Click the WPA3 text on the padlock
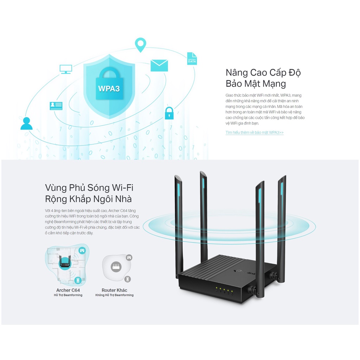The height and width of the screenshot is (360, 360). [x=109, y=89]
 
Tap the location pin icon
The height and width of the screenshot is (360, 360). [x=140, y=45]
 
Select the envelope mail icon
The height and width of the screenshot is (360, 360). [x=159, y=65]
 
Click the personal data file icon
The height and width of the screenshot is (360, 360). [x=192, y=59]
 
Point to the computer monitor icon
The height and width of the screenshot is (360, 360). [x=66, y=69]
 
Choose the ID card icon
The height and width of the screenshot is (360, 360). [x=56, y=106]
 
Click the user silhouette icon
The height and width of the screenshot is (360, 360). [x=26, y=123]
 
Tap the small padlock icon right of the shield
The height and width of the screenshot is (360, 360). [x=169, y=113]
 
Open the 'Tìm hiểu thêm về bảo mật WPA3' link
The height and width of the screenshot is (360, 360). [x=255, y=133]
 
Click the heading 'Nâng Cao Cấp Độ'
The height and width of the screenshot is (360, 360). [x=263, y=72]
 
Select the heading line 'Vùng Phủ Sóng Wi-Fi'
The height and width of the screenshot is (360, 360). [x=89, y=188]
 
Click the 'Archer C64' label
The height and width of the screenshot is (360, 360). [x=68, y=290]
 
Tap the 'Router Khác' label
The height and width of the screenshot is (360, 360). [x=114, y=290]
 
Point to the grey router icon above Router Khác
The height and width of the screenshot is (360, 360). [x=116, y=267]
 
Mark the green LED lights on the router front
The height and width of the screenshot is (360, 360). [x=224, y=290]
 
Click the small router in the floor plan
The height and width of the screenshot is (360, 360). [x=65, y=262]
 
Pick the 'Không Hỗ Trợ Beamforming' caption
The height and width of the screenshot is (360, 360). [x=114, y=295]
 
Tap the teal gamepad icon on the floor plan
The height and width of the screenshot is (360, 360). [x=82, y=250]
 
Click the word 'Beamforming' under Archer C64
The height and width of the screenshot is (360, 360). [x=73, y=295]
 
